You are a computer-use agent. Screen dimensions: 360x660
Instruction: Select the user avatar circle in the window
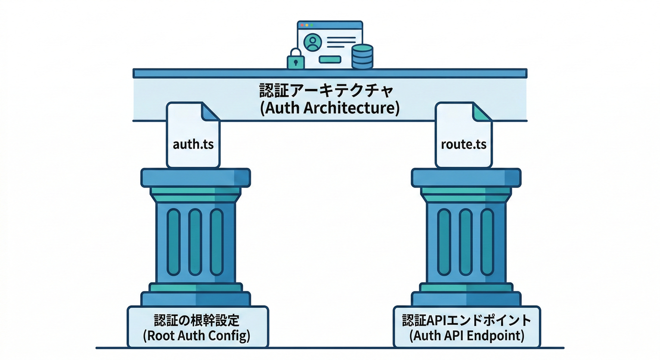(x=312, y=43)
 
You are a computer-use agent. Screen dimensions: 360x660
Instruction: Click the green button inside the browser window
(x=330, y=60)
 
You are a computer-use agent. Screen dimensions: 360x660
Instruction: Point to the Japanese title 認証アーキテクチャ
(x=330, y=90)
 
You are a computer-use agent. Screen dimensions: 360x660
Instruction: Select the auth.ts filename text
(x=193, y=144)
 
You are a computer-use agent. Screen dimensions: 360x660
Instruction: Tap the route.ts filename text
(x=464, y=144)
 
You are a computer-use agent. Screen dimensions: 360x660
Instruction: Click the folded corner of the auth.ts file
(x=211, y=112)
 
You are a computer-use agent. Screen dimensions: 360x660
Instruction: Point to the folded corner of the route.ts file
(x=482, y=112)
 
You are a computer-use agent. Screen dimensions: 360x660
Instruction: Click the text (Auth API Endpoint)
(x=467, y=336)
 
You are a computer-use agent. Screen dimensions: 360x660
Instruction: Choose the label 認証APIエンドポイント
(x=467, y=321)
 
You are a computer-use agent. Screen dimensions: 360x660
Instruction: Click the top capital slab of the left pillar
(x=195, y=178)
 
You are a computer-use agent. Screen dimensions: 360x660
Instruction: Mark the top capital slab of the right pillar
(x=466, y=178)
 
